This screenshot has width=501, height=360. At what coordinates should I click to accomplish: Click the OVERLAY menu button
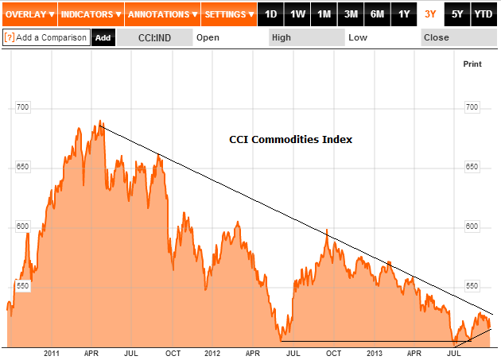tap(29, 14)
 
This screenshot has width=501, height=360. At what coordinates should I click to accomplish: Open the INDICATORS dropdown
tap(91, 14)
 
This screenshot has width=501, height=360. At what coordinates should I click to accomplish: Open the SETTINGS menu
tap(229, 14)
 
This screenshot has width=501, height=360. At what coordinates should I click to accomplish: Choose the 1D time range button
tap(271, 14)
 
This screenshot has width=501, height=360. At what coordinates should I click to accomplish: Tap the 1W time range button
tap(297, 14)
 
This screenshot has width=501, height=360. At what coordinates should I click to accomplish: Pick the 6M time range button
tap(377, 14)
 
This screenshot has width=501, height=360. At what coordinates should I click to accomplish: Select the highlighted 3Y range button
tap(430, 14)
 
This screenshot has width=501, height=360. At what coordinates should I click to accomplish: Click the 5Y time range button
tap(456, 14)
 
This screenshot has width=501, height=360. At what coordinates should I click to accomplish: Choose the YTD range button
tap(483, 14)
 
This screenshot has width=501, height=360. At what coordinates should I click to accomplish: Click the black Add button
tap(103, 37)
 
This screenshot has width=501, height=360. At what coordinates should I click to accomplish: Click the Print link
tap(472, 64)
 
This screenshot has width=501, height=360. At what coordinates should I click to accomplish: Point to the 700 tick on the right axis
tap(472, 106)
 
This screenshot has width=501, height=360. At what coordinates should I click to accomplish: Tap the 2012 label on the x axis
tap(212, 352)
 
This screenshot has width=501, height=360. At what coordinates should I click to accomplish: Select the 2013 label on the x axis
tap(375, 352)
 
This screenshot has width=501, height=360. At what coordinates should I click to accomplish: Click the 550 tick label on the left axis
tap(22, 285)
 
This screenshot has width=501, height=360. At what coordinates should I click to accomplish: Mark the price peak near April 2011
tap(100, 121)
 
